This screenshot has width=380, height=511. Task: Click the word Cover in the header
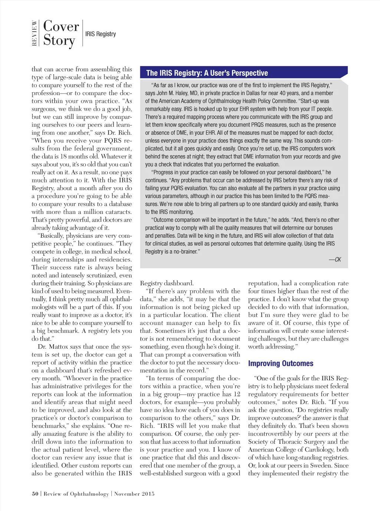(61, 26)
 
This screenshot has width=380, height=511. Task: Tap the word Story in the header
(59, 40)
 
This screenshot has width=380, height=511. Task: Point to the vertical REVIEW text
(35, 33)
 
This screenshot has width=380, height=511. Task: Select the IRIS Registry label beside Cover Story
(101, 34)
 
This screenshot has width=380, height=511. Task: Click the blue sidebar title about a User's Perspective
(207, 73)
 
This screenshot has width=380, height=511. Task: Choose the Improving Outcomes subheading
(281, 364)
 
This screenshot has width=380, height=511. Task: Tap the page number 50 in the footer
(35, 494)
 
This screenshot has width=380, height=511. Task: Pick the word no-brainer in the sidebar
(185, 252)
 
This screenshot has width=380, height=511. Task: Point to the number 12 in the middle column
(237, 394)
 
